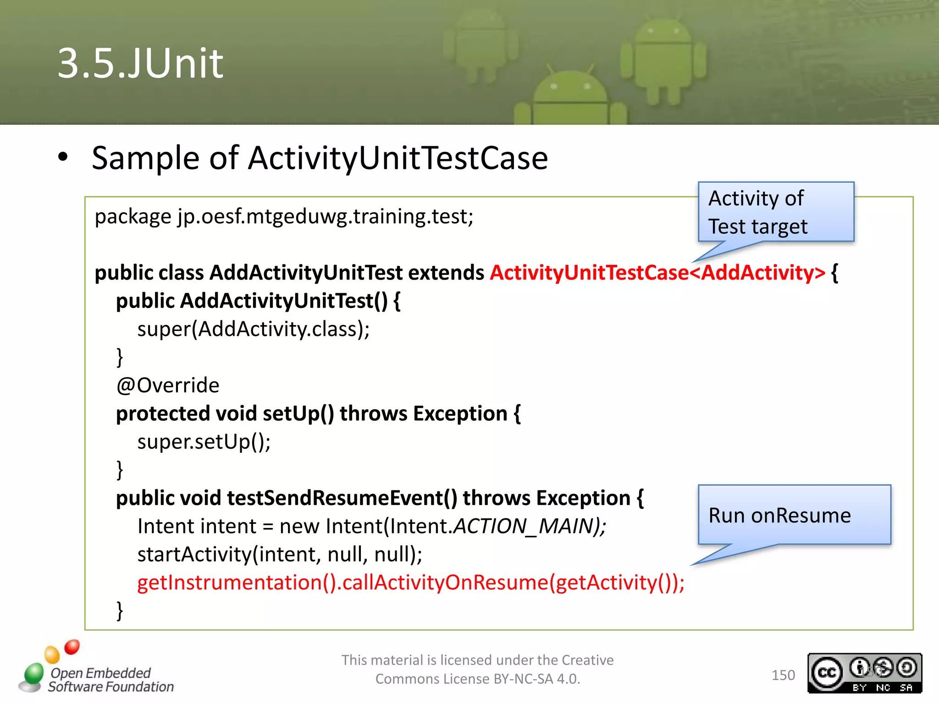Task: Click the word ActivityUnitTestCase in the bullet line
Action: coord(398,158)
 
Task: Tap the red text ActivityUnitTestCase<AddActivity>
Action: coord(657,273)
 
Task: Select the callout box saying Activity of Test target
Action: coord(775,212)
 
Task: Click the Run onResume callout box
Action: coord(794,515)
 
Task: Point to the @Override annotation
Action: coord(167,385)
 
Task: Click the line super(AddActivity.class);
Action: coord(253,329)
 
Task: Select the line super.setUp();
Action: coord(204,442)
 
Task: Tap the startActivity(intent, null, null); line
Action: coord(279,555)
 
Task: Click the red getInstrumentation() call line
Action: coord(410,583)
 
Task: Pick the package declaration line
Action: coord(283,216)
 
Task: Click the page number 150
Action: coord(783,675)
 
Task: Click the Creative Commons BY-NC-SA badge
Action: coord(864,673)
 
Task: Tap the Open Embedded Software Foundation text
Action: coord(110,680)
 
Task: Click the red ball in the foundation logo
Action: coord(72,647)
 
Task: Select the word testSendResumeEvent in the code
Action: coord(342,498)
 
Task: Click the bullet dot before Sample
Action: coord(63,157)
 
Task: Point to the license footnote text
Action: coord(477,669)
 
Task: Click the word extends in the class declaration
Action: coord(446,273)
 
